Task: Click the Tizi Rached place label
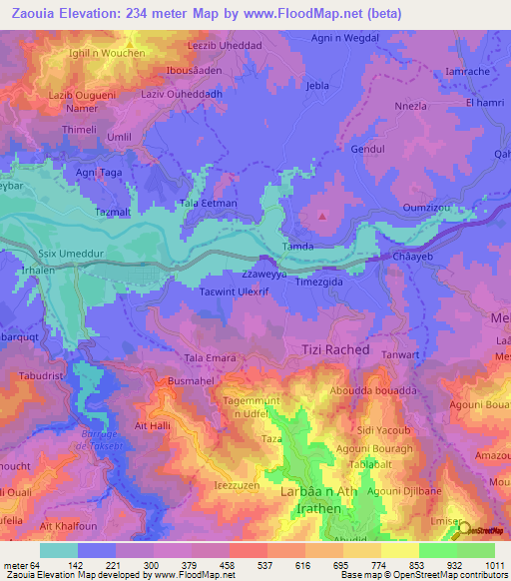pyautogui.click(x=335, y=350)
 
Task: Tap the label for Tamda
pyautogui.click(x=299, y=246)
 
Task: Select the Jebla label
pyautogui.click(x=317, y=87)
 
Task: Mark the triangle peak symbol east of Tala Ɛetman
pyautogui.click(x=322, y=214)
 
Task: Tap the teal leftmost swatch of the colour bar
pyautogui.click(x=59, y=550)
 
